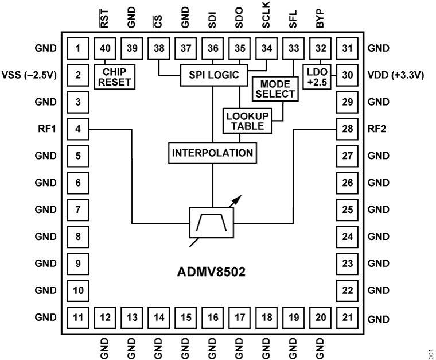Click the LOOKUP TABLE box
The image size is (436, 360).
tap(243, 121)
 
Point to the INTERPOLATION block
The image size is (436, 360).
tap(213, 153)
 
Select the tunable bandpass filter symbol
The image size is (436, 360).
tap(212, 222)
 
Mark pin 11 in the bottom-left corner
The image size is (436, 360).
tap(77, 317)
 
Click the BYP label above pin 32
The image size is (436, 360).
tap(320, 22)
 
